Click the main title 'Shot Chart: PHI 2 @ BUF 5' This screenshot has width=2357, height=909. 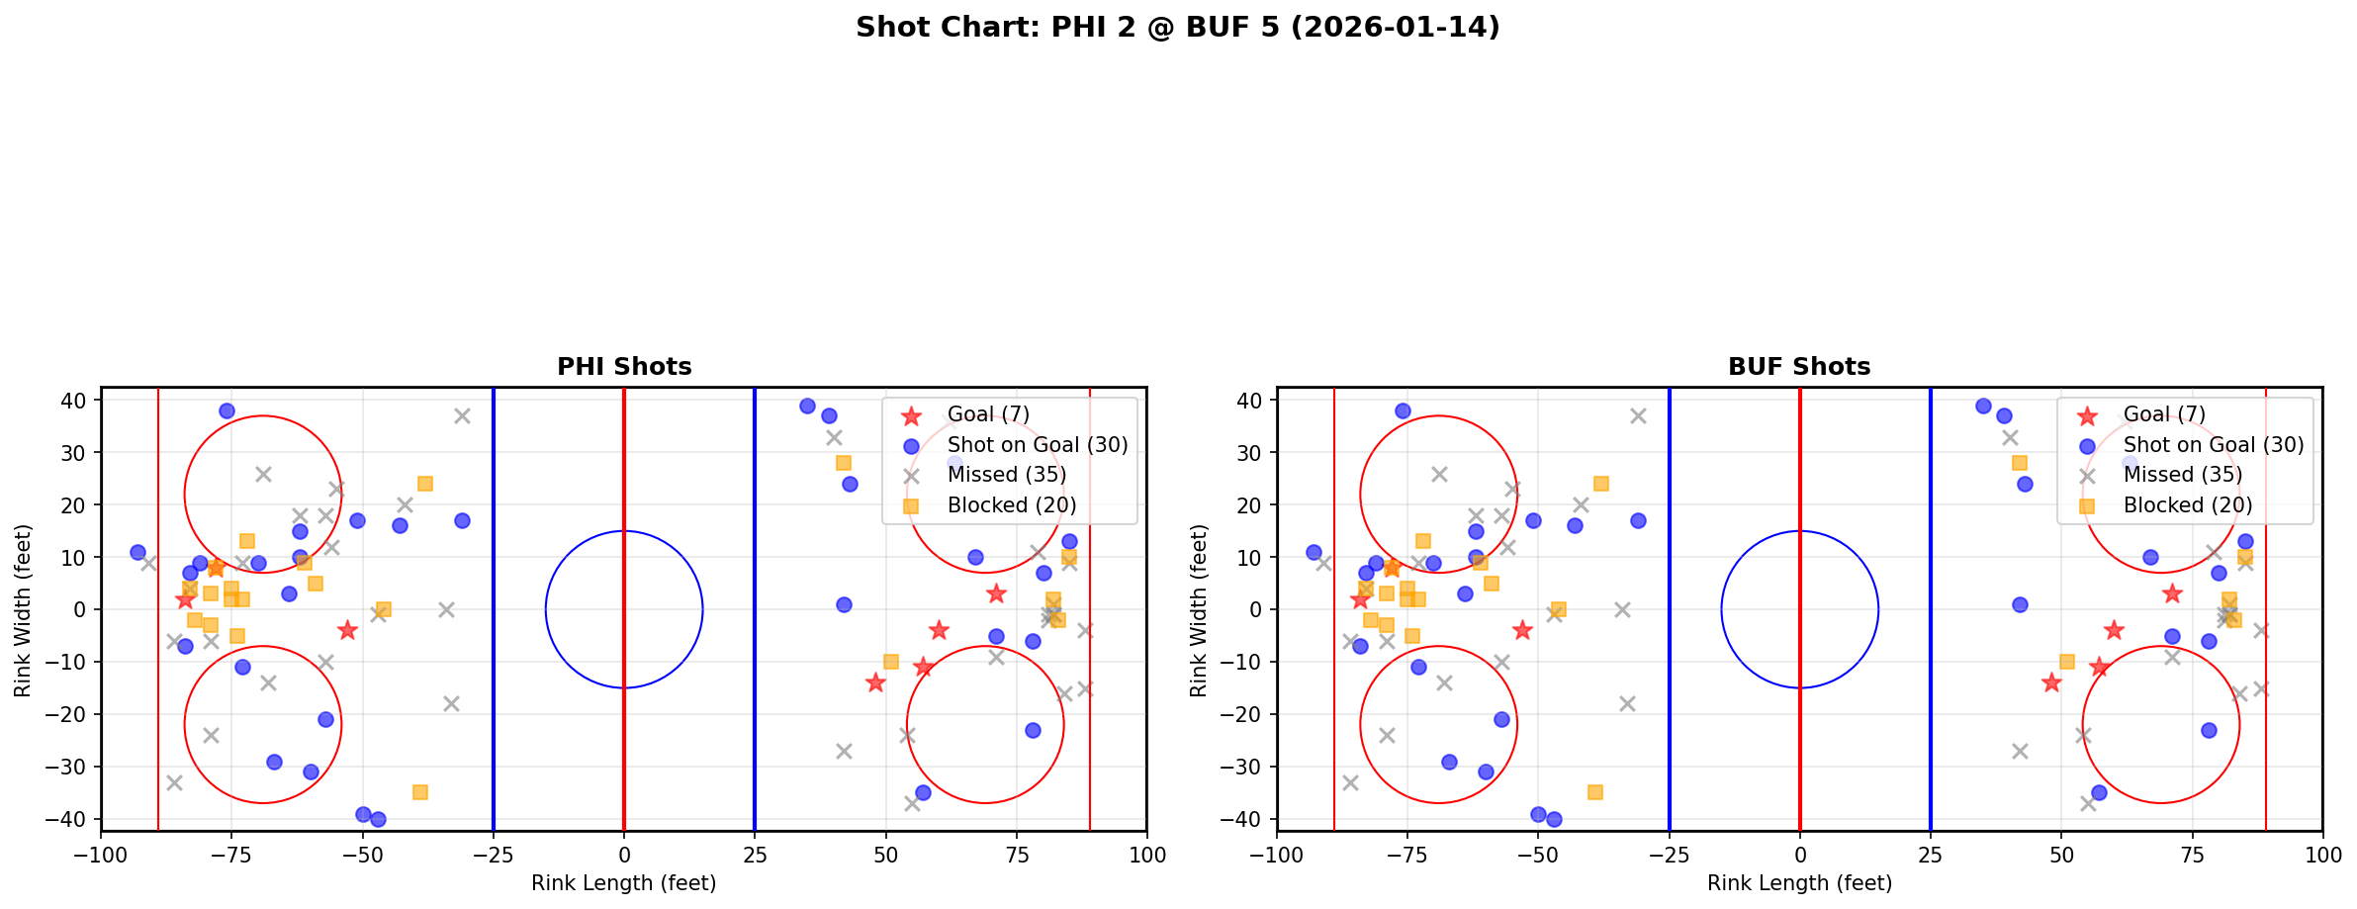(x=1177, y=27)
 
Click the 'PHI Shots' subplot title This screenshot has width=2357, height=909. (x=624, y=367)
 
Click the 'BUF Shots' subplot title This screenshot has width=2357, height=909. (x=1799, y=367)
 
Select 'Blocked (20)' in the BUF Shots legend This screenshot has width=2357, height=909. (x=2187, y=505)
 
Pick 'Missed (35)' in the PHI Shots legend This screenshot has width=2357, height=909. (x=1006, y=475)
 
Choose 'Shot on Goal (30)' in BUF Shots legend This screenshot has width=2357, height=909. (x=2213, y=445)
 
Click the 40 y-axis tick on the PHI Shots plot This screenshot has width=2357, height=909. (x=78, y=401)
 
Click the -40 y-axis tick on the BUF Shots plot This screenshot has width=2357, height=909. (x=1248, y=819)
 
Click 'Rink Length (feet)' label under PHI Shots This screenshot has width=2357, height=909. (x=623, y=883)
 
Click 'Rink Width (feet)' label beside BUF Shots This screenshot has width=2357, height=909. (x=1199, y=610)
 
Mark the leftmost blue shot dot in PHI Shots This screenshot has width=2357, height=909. (x=137, y=552)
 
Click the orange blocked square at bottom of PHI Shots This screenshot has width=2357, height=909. (x=420, y=792)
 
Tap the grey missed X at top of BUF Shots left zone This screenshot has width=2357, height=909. (x=1638, y=416)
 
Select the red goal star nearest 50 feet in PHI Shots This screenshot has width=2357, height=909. (x=875, y=682)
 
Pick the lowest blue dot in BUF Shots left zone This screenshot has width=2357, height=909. (x=1554, y=819)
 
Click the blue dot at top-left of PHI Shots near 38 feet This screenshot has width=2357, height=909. (x=227, y=410)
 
